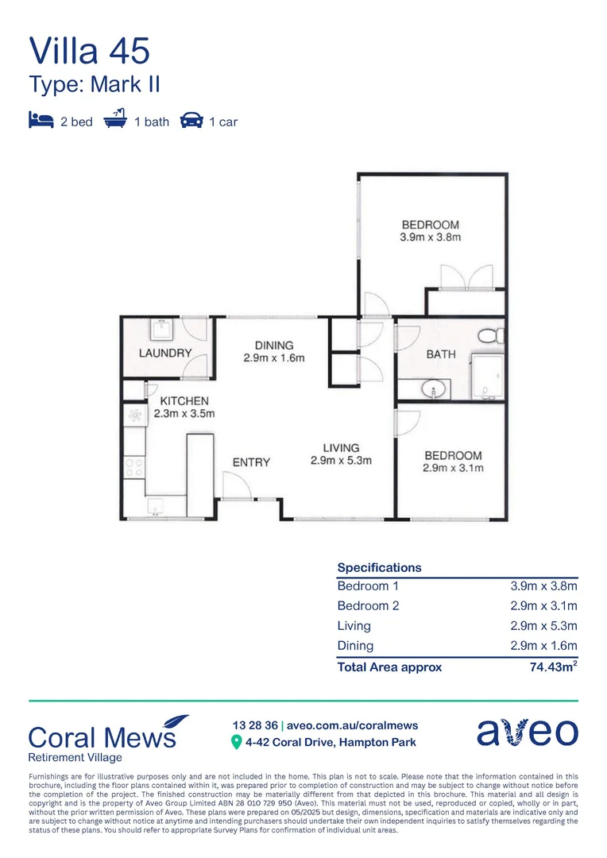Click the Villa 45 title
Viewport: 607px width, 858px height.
(x=89, y=50)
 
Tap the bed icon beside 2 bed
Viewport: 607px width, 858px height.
(x=41, y=122)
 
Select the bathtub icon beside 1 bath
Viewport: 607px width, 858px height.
(x=116, y=121)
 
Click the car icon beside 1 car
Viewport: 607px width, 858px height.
(x=191, y=122)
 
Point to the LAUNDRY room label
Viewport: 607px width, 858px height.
(x=165, y=353)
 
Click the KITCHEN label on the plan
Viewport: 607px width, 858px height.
(x=184, y=401)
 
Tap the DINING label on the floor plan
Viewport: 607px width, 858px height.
(x=274, y=346)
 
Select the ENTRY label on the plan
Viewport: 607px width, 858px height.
(x=251, y=462)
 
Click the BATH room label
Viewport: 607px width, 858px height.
(x=441, y=354)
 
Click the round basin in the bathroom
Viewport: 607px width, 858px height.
(x=434, y=389)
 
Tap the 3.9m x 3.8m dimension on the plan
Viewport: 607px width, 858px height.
(x=430, y=238)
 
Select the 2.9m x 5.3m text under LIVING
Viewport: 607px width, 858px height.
(x=341, y=461)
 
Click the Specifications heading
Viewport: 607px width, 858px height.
(x=379, y=568)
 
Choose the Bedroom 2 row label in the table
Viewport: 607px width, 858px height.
(x=368, y=606)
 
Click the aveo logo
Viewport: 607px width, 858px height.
(x=527, y=732)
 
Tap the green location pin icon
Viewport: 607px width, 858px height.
(x=236, y=743)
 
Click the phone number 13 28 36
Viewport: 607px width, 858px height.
(x=254, y=725)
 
